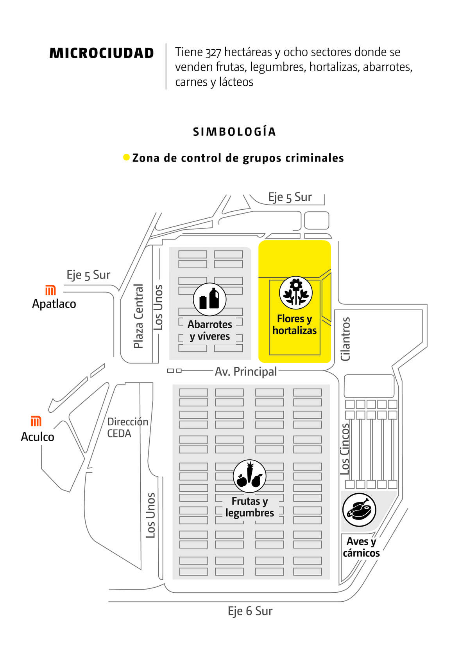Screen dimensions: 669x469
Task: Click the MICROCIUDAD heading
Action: click(x=102, y=53)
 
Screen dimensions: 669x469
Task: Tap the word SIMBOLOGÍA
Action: click(x=234, y=132)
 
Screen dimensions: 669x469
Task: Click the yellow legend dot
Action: click(x=126, y=157)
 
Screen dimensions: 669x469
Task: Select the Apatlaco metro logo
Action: click(x=50, y=290)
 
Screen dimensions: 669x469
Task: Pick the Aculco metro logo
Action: click(x=36, y=421)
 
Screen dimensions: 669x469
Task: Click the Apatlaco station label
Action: click(x=54, y=304)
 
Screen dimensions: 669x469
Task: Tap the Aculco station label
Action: click(x=38, y=437)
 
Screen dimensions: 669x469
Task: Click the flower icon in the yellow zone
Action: click(x=296, y=292)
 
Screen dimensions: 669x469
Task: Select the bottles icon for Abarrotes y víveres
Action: click(x=209, y=299)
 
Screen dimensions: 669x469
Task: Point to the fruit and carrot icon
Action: click(x=249, y=476)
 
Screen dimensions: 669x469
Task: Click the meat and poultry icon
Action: click(x=359, y=510)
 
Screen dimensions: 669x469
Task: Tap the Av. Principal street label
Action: click(x=246, y=371)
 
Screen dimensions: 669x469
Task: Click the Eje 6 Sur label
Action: click(x=250, y=611)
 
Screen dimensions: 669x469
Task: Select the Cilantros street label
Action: click(x=345, y=339)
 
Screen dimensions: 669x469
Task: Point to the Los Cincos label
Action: click(x=345, y=449)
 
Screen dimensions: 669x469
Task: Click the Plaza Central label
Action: click(x=138, y=316)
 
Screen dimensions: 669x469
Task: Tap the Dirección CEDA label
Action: click(x=127, y=427)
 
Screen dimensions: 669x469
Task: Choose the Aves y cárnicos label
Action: click(x=361, y=547)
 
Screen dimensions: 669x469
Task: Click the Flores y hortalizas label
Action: click(x=295, y=325)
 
